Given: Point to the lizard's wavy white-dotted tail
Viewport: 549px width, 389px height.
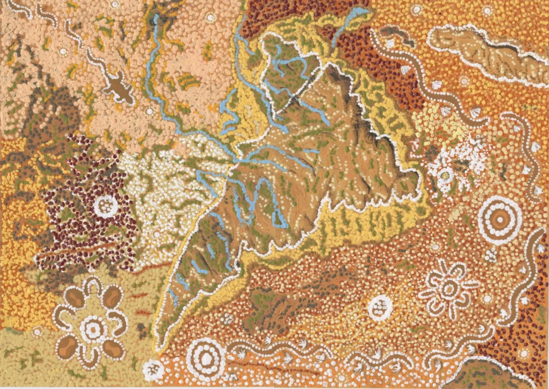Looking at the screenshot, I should (x=93, y=59).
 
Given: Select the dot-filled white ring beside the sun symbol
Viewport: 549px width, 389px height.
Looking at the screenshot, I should (x=380, y=307).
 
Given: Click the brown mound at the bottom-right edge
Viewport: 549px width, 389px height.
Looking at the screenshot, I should (x=482, y=375).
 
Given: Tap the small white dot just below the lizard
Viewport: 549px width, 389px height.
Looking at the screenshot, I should (x=149, y=111).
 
